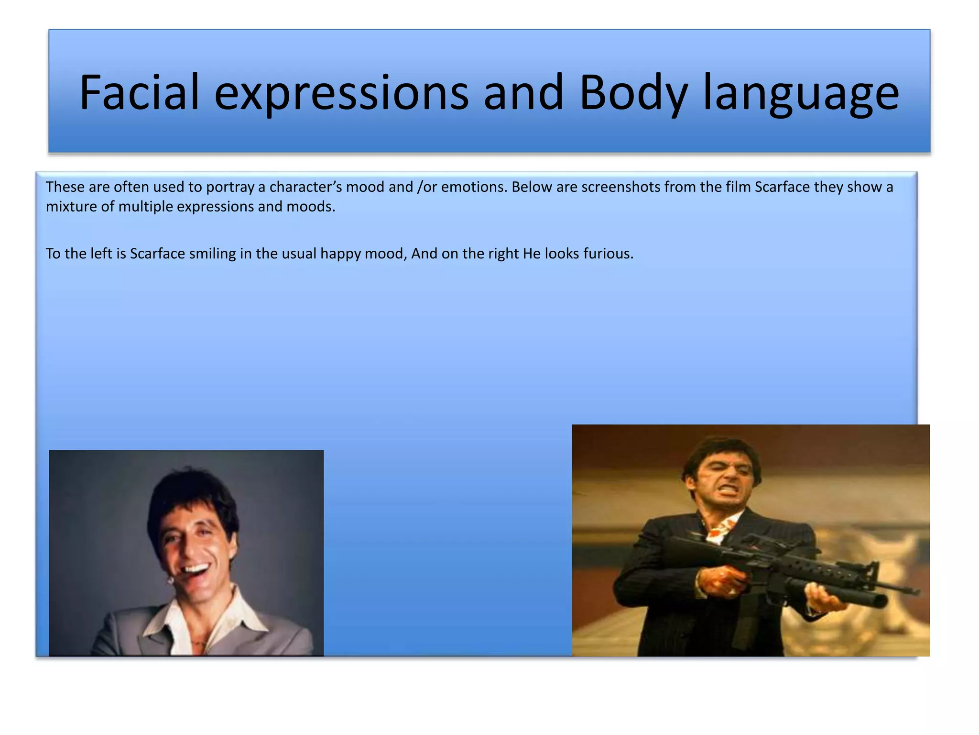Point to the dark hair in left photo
(191, 493)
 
